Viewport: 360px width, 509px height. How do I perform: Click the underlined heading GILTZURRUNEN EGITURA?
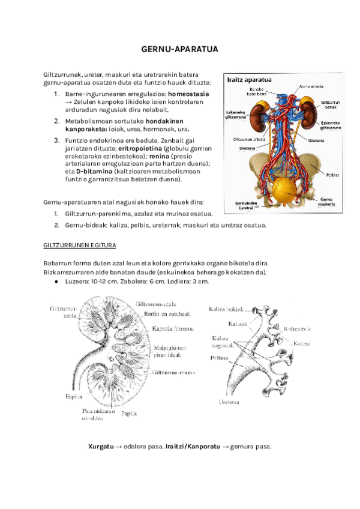[x=80, y=246]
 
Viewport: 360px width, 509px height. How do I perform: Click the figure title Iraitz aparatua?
[x=249, y=80]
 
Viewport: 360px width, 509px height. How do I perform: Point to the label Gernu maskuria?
[x=327, y=200]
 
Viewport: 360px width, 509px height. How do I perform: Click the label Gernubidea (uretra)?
[x=247, y=205]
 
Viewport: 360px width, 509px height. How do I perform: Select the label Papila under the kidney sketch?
[x=128, y=414]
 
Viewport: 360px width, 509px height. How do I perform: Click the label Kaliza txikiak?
[x=226, y=309]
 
